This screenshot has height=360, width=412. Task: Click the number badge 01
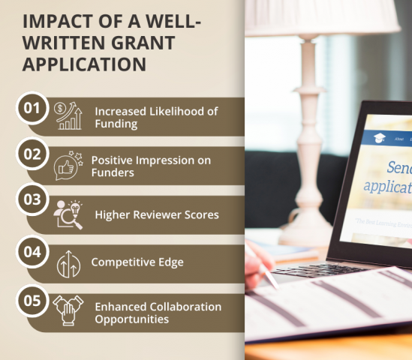pyautogui.click(x=32, y=108)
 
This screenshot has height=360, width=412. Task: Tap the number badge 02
pyautogui.click(x=32, y=155)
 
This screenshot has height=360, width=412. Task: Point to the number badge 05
pyautogui.click(x=32, y=301)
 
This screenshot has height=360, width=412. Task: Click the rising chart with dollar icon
pyautogui.click(x=69, y=116)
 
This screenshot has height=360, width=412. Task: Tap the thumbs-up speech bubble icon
pyautogui.click(x=68, y=165)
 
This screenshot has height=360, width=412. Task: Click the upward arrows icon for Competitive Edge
pyautogui.click(x=68, y=263)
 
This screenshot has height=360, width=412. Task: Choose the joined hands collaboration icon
pyautogui.click(x=68, y=312)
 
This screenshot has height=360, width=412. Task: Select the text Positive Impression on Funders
pyautogui.click(x=151, y=166)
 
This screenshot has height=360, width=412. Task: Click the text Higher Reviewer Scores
pyautogui.click(x=156, y=214)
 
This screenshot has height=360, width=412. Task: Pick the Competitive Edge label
pyautogui.click(x=137, y=262)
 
